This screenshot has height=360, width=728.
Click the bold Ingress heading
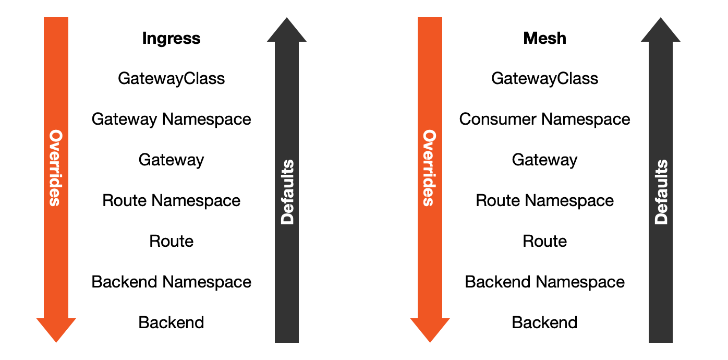(171, 39)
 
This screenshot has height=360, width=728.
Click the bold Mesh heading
(545, 39)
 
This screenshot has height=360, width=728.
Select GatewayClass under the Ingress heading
(171, 79)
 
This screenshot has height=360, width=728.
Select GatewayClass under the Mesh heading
(545, 79)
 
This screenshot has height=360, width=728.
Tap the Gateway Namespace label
(171, 119)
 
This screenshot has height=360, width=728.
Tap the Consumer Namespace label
(545, 119)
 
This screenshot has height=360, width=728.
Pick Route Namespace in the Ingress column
(171, 201)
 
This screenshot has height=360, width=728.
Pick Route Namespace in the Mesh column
(545, 201)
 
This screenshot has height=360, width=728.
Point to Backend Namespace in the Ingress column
(171, 282)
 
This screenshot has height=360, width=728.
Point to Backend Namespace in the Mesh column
(545, 282)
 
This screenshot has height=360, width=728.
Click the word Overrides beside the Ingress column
(56, 168)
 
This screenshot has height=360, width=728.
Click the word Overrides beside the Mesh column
(430, 168)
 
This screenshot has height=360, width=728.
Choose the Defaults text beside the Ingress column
(287, 193)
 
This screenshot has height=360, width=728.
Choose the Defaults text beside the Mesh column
(661, 193)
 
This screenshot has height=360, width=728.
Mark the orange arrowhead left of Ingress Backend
(56, 329)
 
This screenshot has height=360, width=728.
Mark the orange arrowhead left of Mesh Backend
(430, 329)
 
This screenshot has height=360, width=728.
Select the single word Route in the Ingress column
(171, 242)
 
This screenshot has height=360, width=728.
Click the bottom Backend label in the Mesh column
(545, 323)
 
